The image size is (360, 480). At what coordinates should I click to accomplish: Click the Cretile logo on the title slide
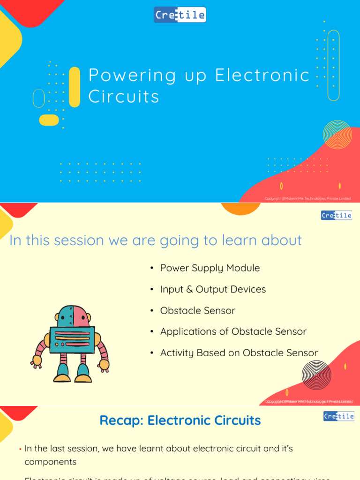(x=180, y=15)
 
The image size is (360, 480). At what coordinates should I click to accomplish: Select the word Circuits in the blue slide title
(x=124, y=97)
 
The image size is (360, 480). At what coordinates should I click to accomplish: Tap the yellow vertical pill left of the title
(x=75, y=87)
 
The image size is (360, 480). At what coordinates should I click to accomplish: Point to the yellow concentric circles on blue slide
(x=337, y=135)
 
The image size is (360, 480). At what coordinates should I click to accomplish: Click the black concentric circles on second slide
(x=316, y=375)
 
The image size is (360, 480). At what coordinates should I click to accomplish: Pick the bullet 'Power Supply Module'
(x=210, y=268)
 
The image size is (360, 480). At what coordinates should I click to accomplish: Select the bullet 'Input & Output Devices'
(x=213, y=289)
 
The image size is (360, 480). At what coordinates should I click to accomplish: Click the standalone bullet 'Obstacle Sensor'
(x=197, y=311)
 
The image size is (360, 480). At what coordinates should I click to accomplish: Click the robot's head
(x=73, y=316)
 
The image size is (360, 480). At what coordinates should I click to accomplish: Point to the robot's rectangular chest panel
(x=72, y=339)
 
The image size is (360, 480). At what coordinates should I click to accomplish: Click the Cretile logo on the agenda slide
(x=336, y=215)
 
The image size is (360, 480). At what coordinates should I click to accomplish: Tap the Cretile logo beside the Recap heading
(x=338, y=416)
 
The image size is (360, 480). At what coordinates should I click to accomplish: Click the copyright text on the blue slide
(x=307, y=198)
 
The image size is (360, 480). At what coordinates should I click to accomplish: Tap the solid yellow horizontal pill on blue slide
(x=49, y=120)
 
